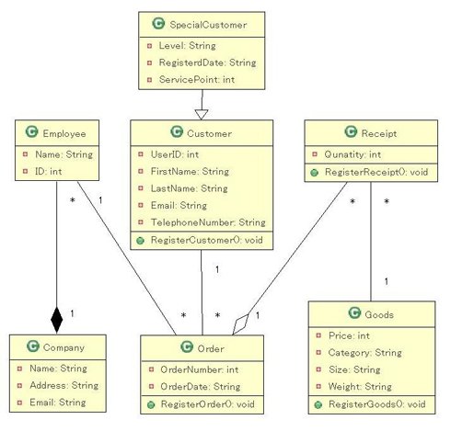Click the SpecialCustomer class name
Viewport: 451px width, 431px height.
208,25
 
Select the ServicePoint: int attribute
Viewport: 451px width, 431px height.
197,80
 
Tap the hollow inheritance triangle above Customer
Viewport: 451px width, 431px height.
202,114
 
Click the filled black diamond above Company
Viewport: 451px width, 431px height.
57,320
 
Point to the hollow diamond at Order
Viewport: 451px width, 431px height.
240,324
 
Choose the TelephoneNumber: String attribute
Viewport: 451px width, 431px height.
208,222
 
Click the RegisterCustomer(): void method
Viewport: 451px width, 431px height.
207,240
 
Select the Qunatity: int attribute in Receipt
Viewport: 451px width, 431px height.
353,154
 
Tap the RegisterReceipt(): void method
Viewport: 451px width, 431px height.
376,172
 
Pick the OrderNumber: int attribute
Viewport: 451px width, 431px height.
200,369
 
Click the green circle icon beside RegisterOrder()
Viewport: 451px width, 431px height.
151,405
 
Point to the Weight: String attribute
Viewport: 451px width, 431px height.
360,387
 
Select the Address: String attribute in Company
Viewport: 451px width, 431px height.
64,385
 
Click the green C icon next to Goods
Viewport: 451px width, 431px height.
354,312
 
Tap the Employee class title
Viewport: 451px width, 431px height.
64,133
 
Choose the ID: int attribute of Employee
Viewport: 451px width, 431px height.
49,171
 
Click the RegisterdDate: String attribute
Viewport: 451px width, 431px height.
207,62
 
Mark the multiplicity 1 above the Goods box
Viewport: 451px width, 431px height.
387,281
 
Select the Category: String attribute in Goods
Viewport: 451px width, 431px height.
364,353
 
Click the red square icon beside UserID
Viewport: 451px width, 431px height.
141,154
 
